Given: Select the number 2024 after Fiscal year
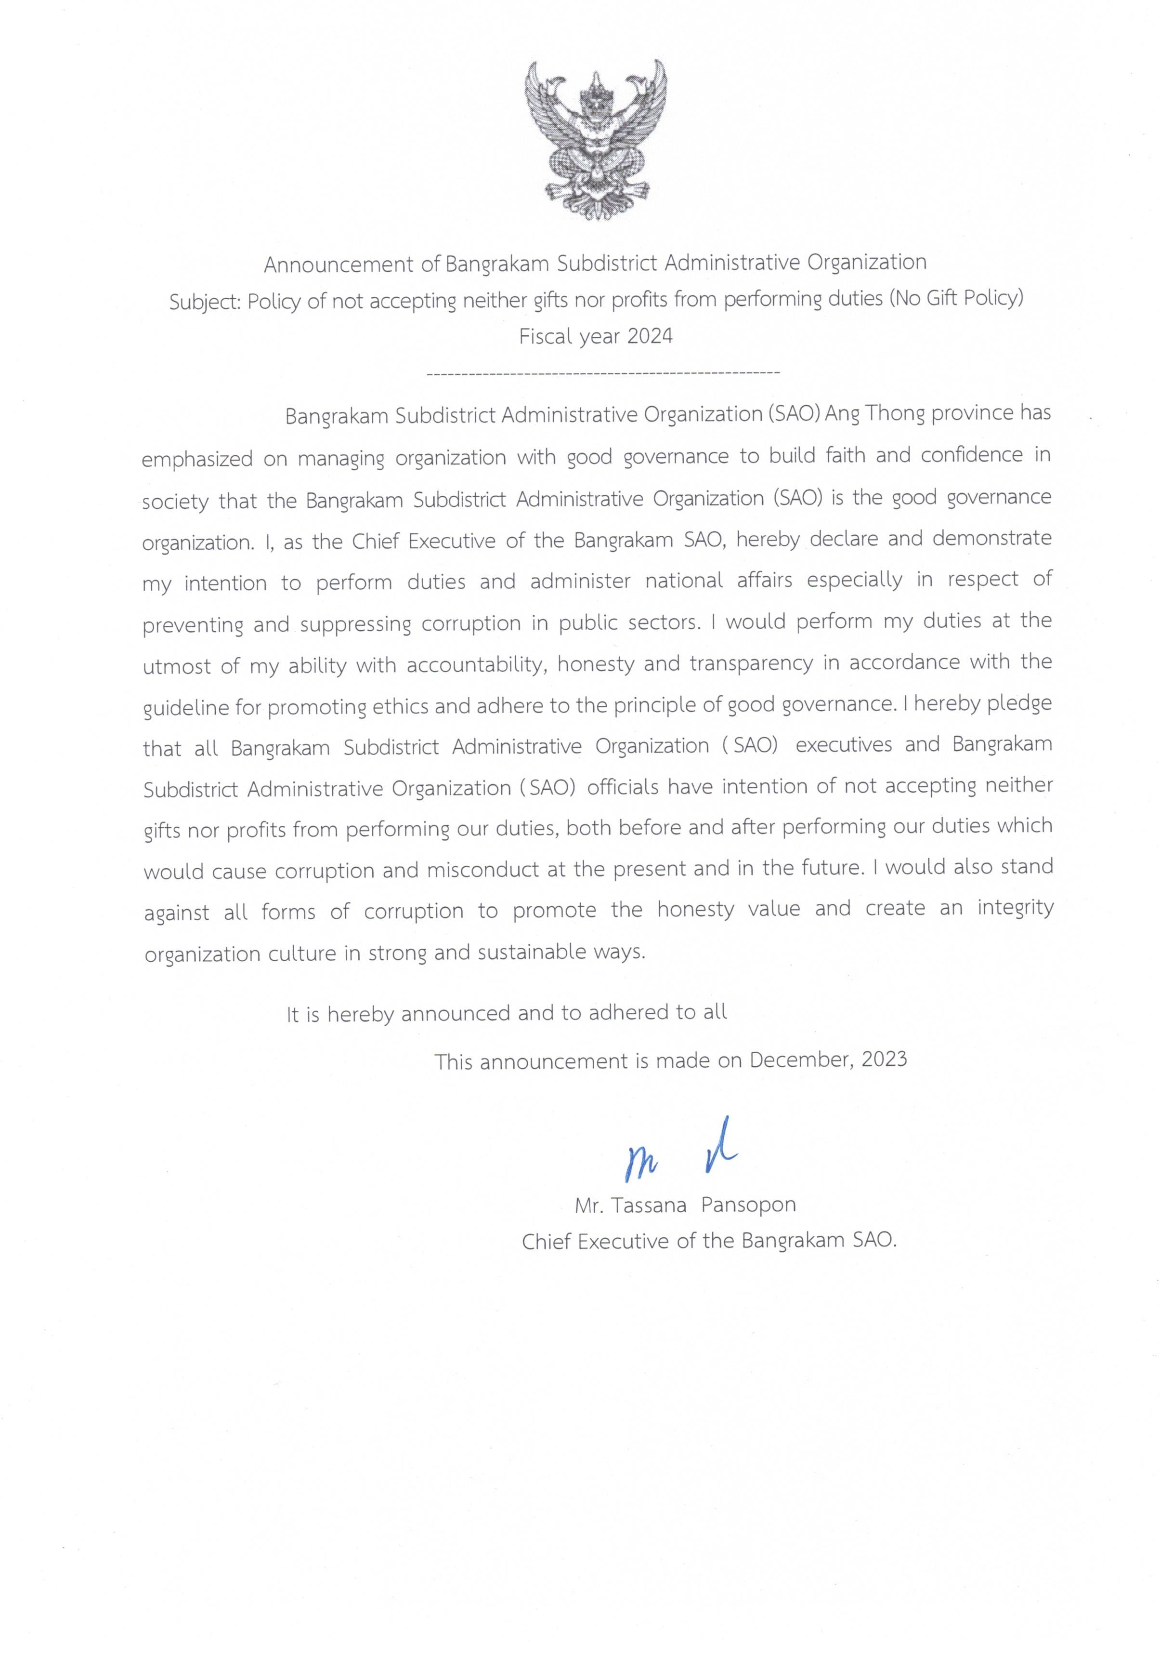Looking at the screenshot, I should point(650,336).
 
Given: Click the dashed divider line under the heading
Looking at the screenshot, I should point(603,373).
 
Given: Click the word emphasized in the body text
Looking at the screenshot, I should point(197,459).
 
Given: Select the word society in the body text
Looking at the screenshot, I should point(174,501).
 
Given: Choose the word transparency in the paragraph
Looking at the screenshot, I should point(751,663).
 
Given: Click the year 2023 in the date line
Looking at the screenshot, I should point(884,1059).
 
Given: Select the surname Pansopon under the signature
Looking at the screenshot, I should point(748,1205).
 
